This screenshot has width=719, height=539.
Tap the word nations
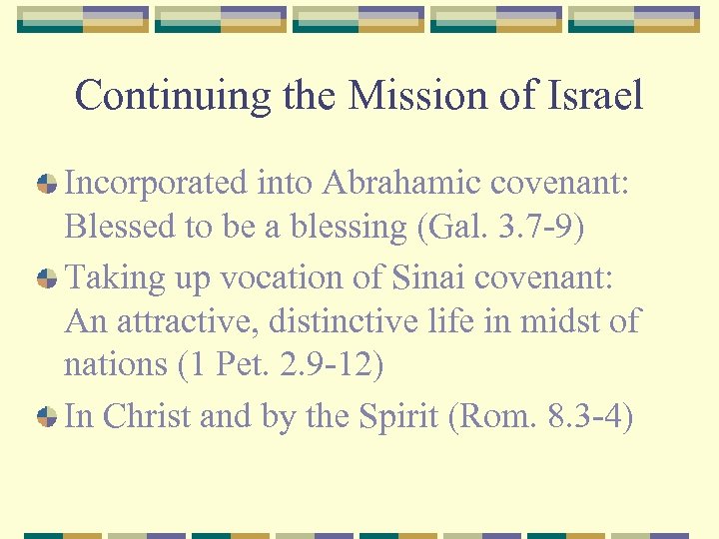tap(115, 364)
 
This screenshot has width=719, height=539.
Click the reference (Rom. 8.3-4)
tap(541, 416)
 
